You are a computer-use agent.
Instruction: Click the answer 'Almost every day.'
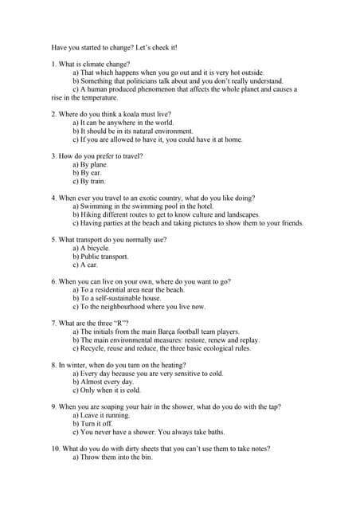[x=104, y=382]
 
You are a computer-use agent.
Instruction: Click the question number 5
[x=53, y=240]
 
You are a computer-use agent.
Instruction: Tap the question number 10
[x=56, y=449]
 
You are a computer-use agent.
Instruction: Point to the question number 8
[x=53, y=365]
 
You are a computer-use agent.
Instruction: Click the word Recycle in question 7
[x=92, y=348]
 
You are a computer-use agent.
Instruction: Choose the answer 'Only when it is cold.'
[x=107, y=390]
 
